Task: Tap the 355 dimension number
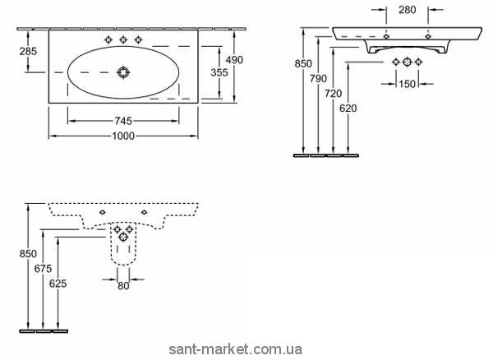(x=219, y=72)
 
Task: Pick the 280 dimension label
(x=406, y=10)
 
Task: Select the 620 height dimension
(x=348, y=108)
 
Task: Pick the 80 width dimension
(x=122, y=286)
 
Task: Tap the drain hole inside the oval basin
(x=123, y=72)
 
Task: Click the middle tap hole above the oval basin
(x=123, y=39)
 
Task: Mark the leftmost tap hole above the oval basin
(x=109, y=39)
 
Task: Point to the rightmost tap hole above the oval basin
(x=137, y=39)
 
